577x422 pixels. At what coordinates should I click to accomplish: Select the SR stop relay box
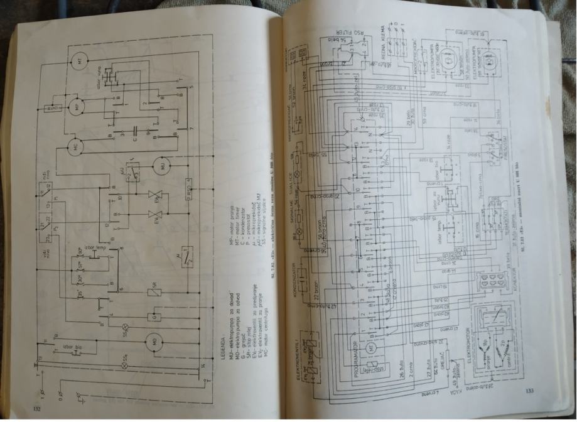(x=154, y=291)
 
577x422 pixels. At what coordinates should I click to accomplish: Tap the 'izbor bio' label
(x=70, y=347)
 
